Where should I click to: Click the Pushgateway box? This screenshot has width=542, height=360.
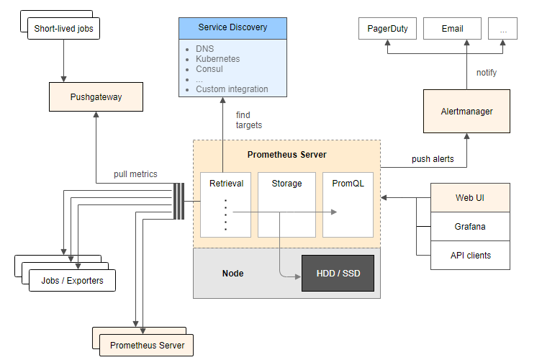tap(96, 97)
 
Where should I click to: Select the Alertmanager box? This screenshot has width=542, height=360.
tap(466, 111)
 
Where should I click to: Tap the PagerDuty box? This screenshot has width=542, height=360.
tap(387, 29)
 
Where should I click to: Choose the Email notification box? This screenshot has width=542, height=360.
tap(452, 29)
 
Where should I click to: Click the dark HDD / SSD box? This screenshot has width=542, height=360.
tap(338, 274)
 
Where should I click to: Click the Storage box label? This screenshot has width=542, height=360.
tap(286, 184)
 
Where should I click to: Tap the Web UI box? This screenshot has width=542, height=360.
tap(470, 198)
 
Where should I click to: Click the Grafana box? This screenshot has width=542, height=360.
tap(470, 227)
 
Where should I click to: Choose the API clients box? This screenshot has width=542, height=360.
tap(470, 256)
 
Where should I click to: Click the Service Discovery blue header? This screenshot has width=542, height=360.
tap(232, 27)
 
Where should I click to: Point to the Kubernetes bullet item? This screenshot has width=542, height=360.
tap(218, 59)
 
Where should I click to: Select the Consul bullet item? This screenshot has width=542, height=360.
tap(209, 69)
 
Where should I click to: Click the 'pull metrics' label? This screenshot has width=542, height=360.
tap(135, 174)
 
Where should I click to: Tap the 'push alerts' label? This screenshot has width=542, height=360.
tap(433, 159)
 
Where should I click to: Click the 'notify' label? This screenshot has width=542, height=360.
tap(487, 73)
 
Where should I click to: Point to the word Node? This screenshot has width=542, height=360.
tap(232, 274)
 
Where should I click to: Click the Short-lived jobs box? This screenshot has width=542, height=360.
tap(64, 30)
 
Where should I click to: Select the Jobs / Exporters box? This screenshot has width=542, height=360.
tap(72, 281)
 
